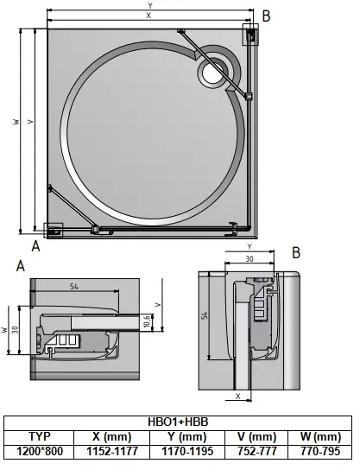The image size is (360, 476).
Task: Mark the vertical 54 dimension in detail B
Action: [205, 316]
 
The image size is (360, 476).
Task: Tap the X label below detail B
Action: [238, 397]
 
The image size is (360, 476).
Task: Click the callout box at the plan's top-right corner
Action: [249, 34]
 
